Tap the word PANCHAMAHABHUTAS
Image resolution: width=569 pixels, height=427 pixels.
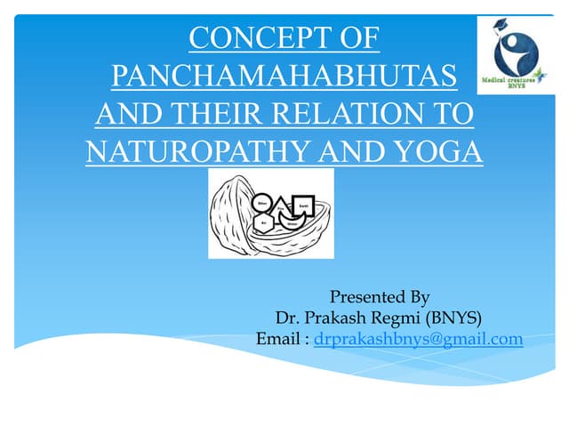[x=284, y=77]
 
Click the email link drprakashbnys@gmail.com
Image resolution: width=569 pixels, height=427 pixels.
[x=418, y=339]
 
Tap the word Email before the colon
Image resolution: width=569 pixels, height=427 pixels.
[x=280, y=339]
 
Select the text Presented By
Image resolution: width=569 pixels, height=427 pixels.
[x=380, y=296]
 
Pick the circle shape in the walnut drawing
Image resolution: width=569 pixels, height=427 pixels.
[x=261, y=204]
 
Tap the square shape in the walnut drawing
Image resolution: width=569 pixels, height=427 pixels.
[x=304, y=205]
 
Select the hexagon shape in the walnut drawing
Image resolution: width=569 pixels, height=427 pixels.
[x=264, y=223]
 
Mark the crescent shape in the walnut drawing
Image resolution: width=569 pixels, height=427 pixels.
[x=292, y=224]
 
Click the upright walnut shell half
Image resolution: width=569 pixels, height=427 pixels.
[x=233, y=213]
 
